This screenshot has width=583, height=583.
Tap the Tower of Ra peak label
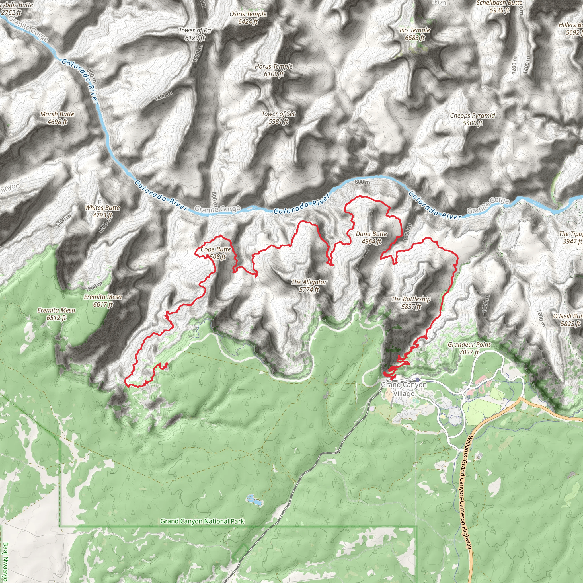pyautogui.click(x=195, y=34)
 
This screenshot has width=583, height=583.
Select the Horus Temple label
pyautogui.click(x=274, y=70)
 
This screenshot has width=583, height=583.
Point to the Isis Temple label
pyautogui.click(x=414, y=34)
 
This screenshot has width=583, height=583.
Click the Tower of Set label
pyautogui.click(x=278, y=118)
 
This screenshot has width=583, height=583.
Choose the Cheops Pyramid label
pyautogui.click(x=472, y=119)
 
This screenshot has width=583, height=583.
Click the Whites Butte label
pyautogui.click(x=102, y=211)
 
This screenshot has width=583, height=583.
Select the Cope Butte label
pyautogui.click(x=215, y=253)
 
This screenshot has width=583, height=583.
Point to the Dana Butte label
pyautogui.click(x=371, y=237)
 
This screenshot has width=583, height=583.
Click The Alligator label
pyautogui.click(x=309, y=286)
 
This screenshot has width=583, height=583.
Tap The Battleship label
pyautogui.click(x=411, y=303)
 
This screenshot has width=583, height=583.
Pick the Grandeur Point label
pyautogui.click(x=469, y=348)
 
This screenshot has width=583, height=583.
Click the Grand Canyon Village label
pyautogui.click(x=404, y=389)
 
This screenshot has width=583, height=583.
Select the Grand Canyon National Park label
pyautogui.click(x=202, y=521)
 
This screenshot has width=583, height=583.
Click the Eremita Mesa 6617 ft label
pyautogui.click(x=103, y=301)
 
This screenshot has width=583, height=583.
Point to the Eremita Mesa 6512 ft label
pyautogui.click(x=56, y=314)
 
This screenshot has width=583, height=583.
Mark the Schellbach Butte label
pyautogui.click(x=499, y=6)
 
